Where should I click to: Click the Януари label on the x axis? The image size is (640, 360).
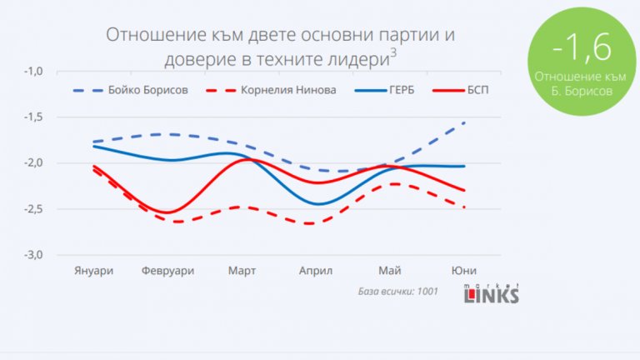pos(94,271)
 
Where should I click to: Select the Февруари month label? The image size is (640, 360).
pos(167,271)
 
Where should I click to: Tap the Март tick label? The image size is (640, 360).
pos(242,271)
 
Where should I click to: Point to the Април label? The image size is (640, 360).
pos(316,271)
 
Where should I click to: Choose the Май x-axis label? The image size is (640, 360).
pos(389,271)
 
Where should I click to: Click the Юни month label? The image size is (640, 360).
pos(463,271)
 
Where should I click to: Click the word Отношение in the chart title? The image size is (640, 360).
pos(150,36)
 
